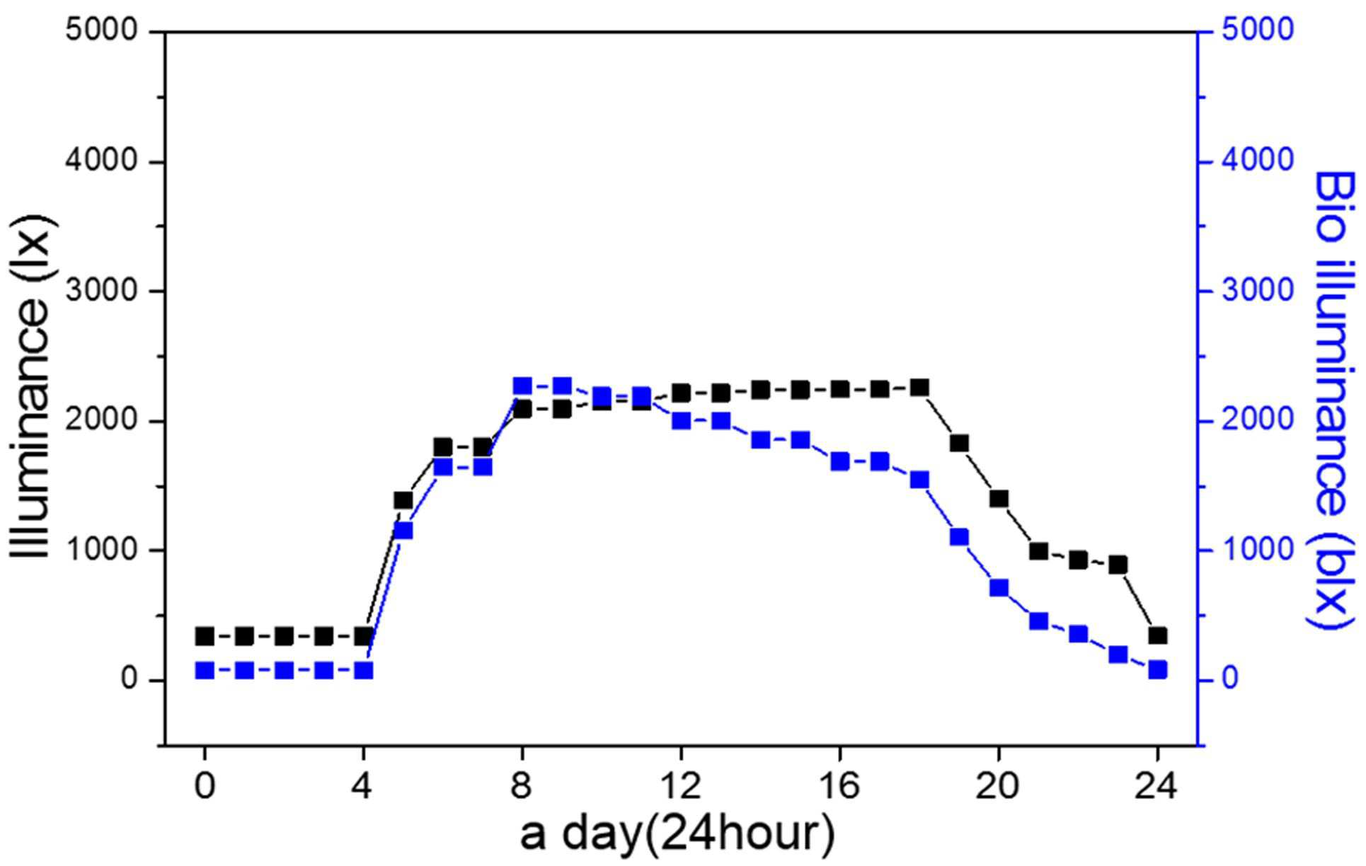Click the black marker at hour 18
point(919,388)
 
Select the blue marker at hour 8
point(522,386)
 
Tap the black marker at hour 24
point(1158,635)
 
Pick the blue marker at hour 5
point(403,531)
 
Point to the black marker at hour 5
point(403,500)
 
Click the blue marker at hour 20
point(999,588)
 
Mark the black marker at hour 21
point(1039,551)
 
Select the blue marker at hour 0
point(205,670)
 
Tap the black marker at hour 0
point(205,636)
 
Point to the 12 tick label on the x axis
point(681,786)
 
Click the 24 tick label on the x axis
point(1157,786)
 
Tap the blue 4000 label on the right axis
point(1258,161)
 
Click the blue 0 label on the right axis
point(1230,679)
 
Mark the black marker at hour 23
point(1118,565)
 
